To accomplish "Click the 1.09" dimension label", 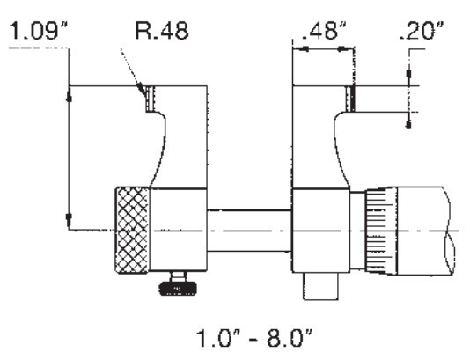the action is click(x=39, y=31).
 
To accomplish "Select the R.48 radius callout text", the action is click(x=162, y=31).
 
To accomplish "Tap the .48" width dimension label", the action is click(x=324, y=31).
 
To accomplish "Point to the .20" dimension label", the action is click(x=422, y=31).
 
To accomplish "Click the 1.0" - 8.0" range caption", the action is click(x=254, y=338).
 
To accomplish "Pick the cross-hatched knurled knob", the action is click(x=132, y=231).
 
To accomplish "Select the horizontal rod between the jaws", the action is click(x=249, y=231).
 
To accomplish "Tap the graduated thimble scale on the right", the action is click(x=381, y=231).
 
